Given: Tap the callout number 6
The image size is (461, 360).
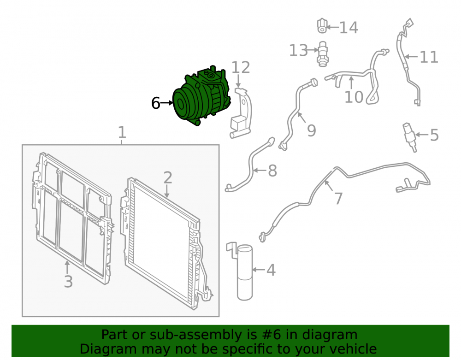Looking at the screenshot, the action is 155,103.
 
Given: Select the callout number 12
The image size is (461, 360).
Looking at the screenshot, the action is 241,68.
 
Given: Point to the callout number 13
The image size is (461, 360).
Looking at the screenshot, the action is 298,50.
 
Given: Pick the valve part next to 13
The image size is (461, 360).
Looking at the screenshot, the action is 323,54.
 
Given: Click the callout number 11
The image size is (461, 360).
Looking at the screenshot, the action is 429,57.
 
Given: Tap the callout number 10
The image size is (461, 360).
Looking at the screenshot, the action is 354,97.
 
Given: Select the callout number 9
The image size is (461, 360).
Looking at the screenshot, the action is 311,130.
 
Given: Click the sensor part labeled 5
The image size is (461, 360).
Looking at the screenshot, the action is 410,137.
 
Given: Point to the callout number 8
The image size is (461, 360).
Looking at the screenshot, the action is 272,171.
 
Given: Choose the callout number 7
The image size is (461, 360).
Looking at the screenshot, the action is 338,199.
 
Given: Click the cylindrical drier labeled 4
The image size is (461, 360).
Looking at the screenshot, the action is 245,272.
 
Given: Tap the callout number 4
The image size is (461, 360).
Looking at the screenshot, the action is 271,270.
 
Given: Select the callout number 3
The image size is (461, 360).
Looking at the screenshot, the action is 68,282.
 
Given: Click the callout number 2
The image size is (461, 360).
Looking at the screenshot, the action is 168,177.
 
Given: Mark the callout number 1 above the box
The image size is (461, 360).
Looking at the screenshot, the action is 122,133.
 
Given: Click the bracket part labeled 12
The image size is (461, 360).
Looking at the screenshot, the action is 241,113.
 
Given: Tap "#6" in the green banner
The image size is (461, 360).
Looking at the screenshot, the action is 271,335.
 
